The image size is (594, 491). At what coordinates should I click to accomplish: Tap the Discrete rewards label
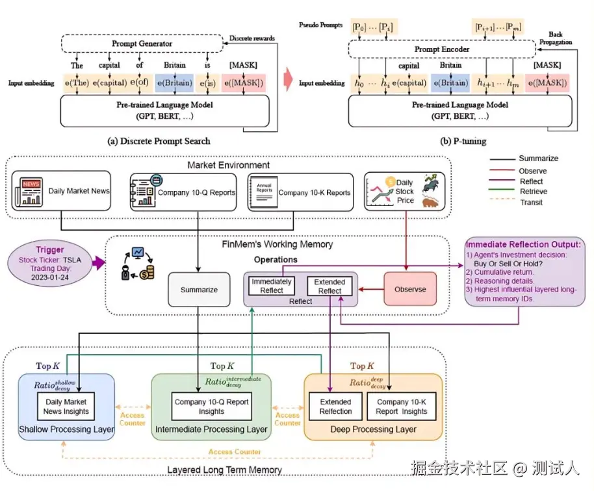click(x=252, y=38)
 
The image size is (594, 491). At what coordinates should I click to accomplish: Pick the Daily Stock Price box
click(x=404, y=192)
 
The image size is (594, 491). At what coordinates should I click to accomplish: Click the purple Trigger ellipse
click(x=51, y=264)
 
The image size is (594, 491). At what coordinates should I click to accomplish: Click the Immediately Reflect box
click(x=272, y=286)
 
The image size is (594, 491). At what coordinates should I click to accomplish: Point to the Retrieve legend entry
click(x=533, y=192)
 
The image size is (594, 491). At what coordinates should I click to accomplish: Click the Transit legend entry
click(x=530, y=203)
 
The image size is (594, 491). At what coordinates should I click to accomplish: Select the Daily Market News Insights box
click(x=67, y=407)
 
